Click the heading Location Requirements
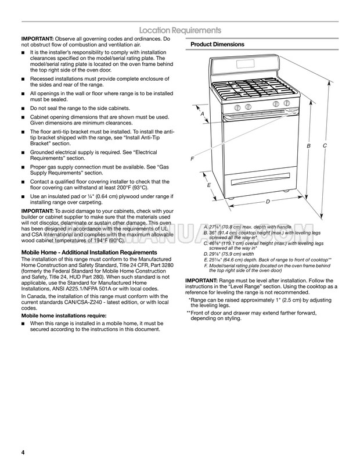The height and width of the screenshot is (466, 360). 180,30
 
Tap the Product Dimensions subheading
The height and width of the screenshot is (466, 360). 217,44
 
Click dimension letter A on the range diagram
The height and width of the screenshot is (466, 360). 202,114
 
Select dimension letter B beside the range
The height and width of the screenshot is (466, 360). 309,146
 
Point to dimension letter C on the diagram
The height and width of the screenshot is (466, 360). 325,146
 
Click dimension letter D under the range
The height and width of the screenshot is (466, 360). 268,202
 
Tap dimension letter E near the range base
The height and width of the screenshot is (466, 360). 209,185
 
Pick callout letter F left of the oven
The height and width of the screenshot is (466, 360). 192,159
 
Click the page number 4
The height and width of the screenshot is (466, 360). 23,452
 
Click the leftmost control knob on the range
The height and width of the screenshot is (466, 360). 237,107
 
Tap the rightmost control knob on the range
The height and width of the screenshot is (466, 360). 286,103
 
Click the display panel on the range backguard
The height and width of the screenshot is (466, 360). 246,63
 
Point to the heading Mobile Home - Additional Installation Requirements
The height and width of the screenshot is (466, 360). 89,253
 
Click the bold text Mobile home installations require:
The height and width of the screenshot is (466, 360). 64,316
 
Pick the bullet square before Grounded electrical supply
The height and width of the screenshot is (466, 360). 23,153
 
